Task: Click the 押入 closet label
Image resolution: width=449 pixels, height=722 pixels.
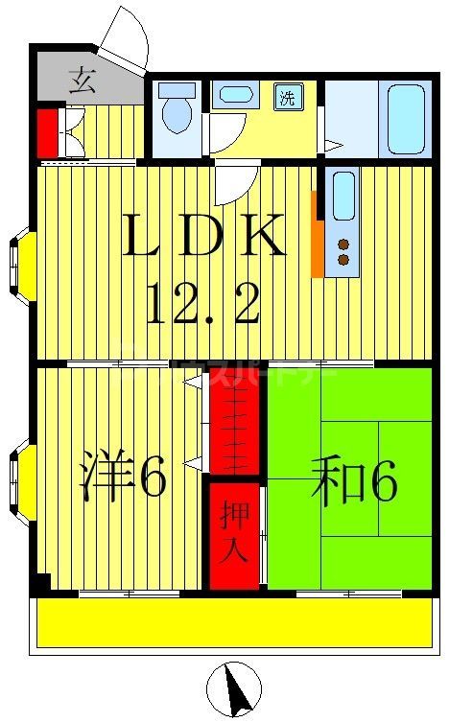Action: coord(235,535)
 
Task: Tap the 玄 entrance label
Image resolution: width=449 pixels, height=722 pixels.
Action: coord(83,81)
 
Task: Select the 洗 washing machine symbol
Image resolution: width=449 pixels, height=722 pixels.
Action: coord(287,96)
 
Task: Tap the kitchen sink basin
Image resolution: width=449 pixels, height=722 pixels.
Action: coord(343,196)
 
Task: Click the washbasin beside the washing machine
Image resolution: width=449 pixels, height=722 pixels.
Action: coord(234,95)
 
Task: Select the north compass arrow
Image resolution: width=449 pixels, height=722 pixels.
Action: coord(234,687)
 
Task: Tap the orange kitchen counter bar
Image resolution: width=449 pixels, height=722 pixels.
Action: coord(317,233)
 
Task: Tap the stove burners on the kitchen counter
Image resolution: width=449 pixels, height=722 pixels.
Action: coord(343,251)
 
